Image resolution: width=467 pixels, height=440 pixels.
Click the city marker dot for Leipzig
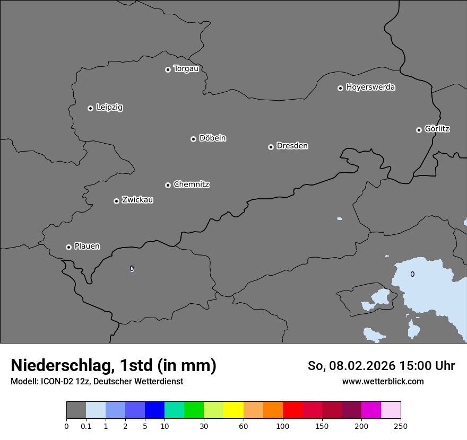(90, 108)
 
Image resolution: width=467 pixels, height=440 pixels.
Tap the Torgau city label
(186, 69)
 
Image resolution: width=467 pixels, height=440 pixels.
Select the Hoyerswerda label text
(370, 87)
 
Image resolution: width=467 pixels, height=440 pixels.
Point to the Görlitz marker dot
(419, 130)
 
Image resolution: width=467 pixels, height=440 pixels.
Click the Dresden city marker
(271, 147)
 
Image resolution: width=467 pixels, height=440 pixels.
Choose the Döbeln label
(212, 138)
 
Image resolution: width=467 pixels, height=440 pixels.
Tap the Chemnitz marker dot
(168, 185)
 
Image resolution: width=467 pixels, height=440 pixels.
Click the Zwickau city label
(137, 200)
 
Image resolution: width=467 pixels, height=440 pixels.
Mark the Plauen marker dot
(68, 247)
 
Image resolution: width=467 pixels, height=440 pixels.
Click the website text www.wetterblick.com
(383, 381)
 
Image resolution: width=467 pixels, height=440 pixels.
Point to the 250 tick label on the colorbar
(401, 426)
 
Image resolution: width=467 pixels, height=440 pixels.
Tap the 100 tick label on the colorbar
(283, 426)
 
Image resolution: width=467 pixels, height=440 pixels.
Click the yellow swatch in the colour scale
(233, 410)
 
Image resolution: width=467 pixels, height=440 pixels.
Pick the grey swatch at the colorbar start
(76, 410)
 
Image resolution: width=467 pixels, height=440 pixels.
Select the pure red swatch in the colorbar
(292, 410)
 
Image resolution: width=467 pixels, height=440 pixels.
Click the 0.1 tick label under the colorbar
(86, 426)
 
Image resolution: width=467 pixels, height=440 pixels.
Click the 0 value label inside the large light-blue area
(412, 274)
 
